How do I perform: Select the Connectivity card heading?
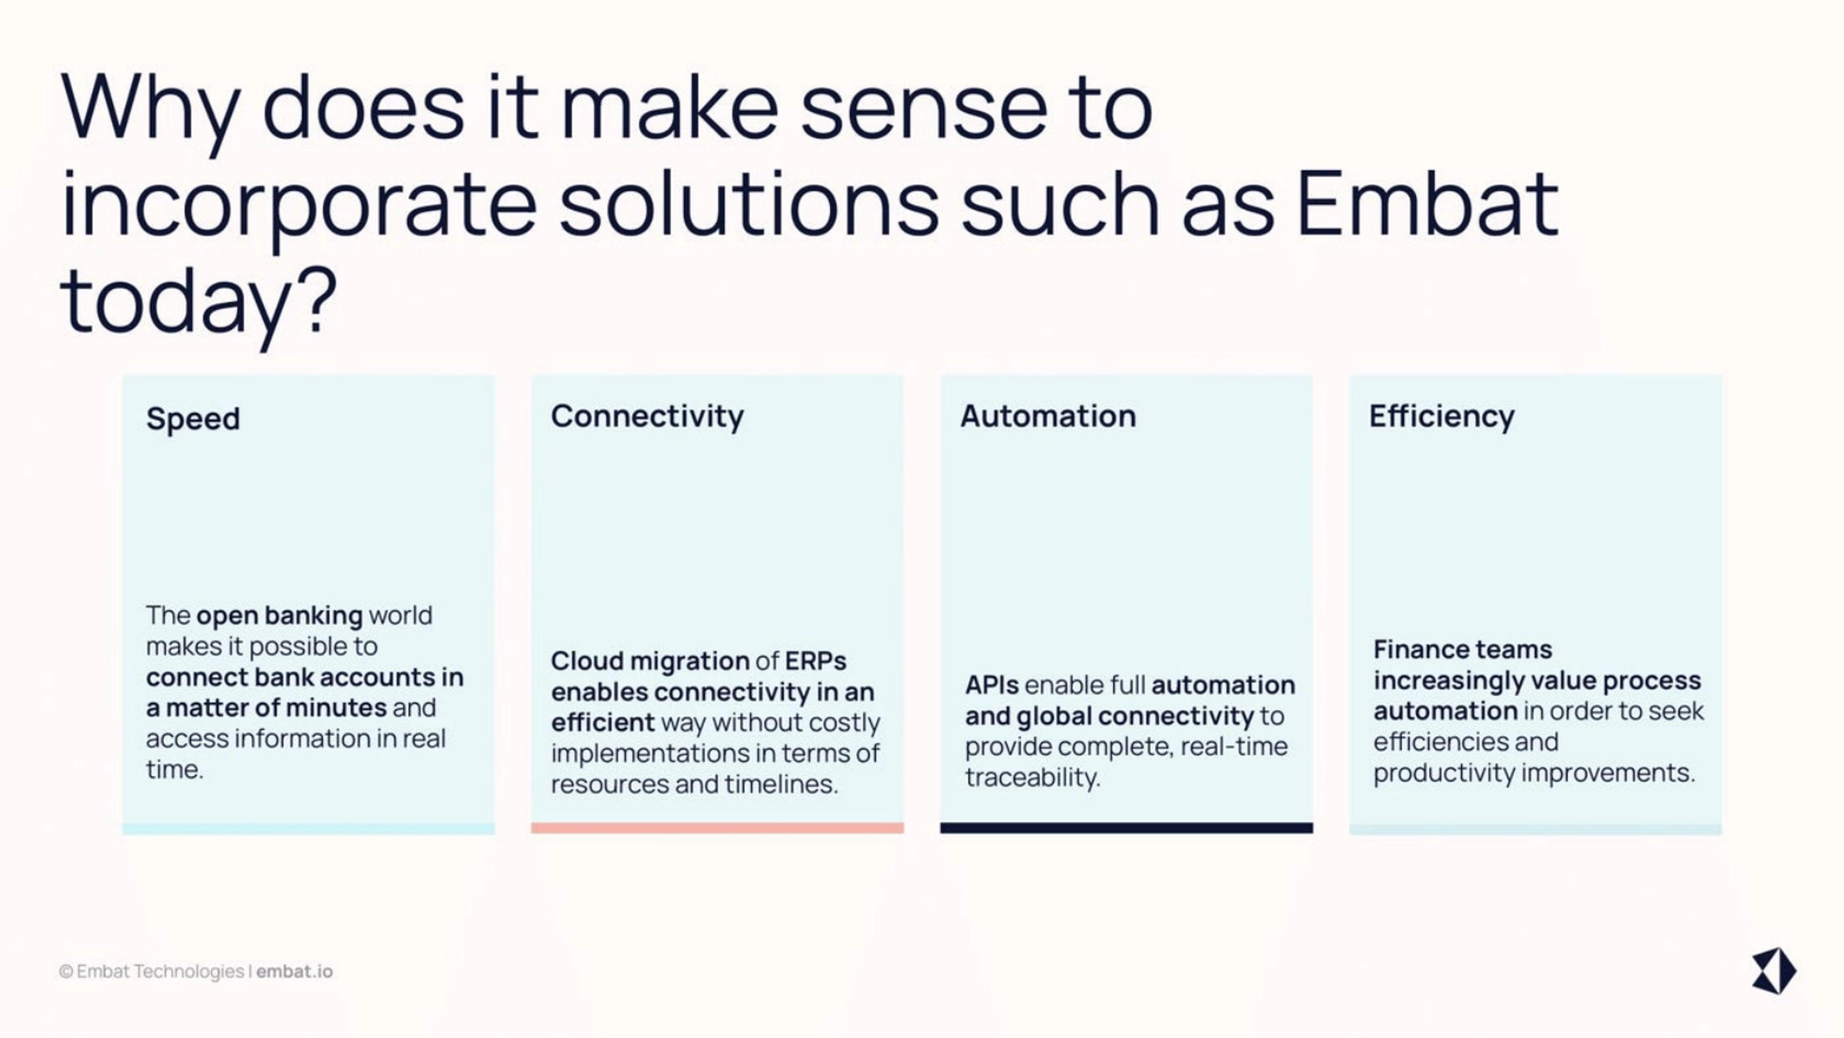(647, 417)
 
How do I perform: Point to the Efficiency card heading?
(1442, 417)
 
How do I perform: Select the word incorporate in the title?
(299, 208)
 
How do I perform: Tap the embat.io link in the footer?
(294, 971)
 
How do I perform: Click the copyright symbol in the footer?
(66, 971)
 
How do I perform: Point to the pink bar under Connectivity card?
(717, 828)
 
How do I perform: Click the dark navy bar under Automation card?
(1127, 828)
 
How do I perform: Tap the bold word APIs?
(992, 685)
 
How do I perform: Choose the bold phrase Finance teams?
(1462, 649)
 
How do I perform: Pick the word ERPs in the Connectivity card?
(815, 661)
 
